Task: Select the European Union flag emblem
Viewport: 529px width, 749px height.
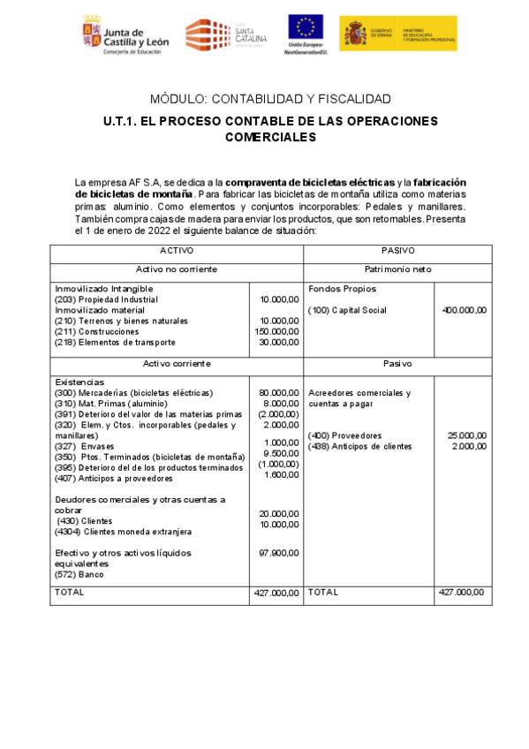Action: point(305,27)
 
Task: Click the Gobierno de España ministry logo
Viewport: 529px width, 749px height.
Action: point(397,33)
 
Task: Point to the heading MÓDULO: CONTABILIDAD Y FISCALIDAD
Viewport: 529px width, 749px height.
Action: point(270,99)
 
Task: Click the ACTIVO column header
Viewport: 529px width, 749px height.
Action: point(177,251)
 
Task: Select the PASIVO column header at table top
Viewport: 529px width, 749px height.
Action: point(397,251)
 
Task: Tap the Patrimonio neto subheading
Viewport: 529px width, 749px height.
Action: point(397,269)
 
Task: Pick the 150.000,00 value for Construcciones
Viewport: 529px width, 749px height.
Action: point(275,331)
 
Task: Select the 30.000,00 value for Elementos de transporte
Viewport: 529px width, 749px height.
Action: point(279,342)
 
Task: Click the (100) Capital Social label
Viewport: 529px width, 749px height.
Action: point(347,310)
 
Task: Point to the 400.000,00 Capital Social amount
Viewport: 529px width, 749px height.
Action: point(464,310)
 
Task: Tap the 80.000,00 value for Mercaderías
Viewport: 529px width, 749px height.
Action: point(279,392)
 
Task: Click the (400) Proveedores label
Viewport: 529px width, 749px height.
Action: point(344,435)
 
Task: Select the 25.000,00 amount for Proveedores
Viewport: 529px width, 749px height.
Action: point(466,435)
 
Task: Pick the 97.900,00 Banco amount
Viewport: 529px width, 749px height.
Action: point(279,553)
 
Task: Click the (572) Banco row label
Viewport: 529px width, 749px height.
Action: point(79,574)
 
